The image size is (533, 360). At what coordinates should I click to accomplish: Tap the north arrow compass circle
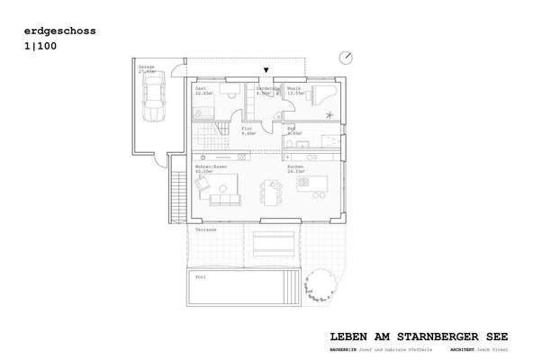pyautogui.click(x=347, y=57)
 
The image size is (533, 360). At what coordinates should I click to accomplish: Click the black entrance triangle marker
pyautogui.click(x=266, y=70)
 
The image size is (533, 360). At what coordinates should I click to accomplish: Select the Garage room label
pyautogui.click(x=144, y=67)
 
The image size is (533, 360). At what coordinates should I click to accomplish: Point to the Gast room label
pyautogui.click(x=201, y=88)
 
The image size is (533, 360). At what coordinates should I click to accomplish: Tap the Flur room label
pyautogui.click(x=246, y=129)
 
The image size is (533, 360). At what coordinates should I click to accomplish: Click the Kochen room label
pyautogui.click(x=294, y=166)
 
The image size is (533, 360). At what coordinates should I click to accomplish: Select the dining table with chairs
pyautogui.click(x=271, y=191)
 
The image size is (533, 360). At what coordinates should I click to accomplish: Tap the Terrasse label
pyautogui.click(x=206, y=229)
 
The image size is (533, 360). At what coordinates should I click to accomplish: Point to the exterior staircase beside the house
pyautogui.click(x=178, y=194)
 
